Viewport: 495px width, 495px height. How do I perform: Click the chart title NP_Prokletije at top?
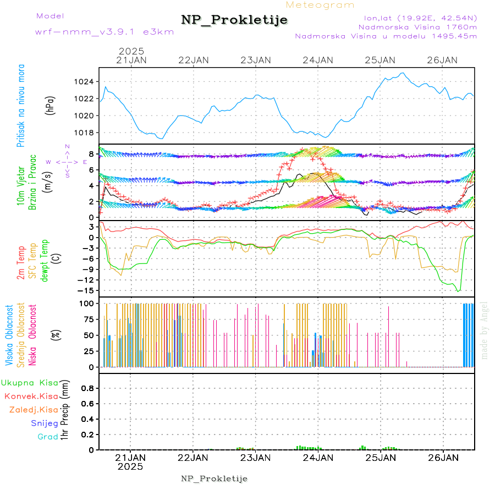[x=234, y=20]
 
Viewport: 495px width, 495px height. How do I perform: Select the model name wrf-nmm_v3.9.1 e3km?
[x=105, y=32]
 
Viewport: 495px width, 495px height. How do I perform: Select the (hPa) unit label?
[x=51, y=105]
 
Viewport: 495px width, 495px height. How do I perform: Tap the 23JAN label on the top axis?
[x=256, y=60]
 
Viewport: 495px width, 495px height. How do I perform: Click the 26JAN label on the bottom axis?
[x=443, y=457]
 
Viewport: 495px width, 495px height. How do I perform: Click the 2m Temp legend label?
[x=21, y=263]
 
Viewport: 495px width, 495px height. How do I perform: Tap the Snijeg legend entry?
[x=45, y=423]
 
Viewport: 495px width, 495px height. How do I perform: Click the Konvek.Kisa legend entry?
[x=31, y=396]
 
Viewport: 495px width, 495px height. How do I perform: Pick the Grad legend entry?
[x=48, y=437]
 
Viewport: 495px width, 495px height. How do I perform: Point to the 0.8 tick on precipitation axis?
[x=86, y=388]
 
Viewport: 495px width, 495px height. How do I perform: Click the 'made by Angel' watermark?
[x=485, y=329]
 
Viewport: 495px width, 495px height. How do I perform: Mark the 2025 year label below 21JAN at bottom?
[x=131, y=466]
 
